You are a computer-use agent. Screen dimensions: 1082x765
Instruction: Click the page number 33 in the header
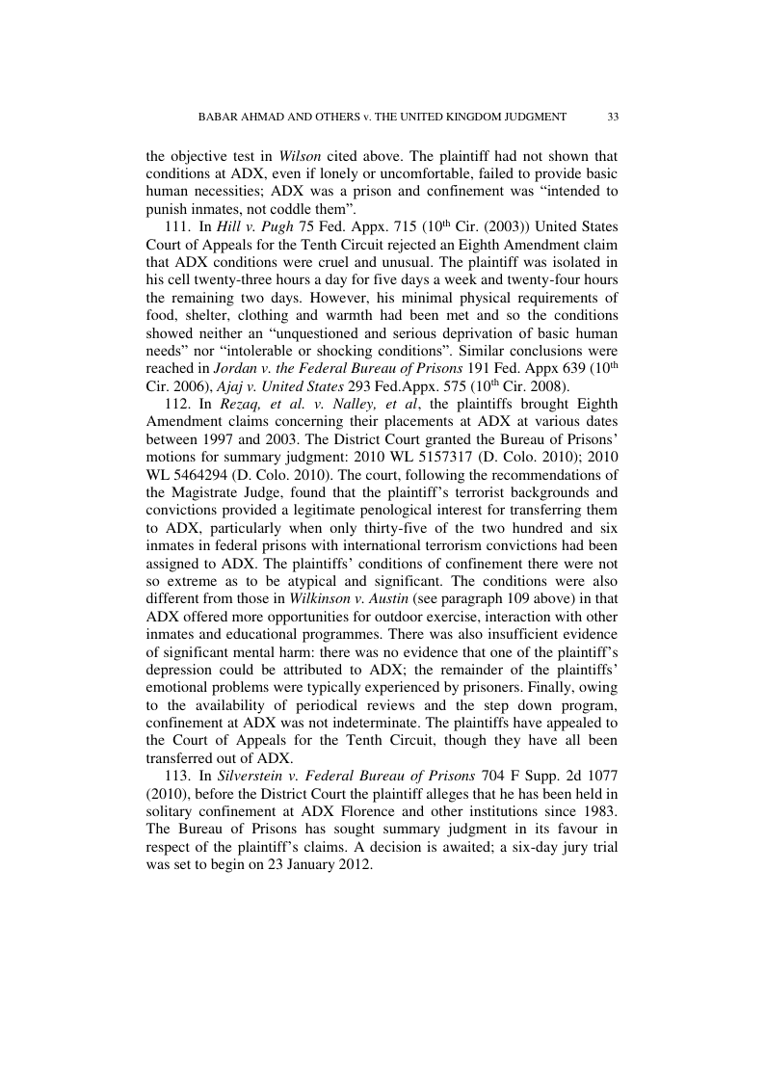[613, 117]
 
